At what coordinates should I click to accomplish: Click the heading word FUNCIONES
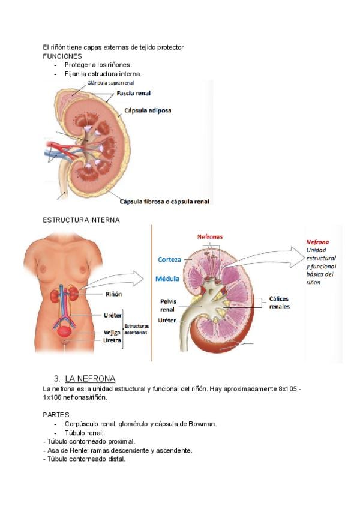[x=62, y=56]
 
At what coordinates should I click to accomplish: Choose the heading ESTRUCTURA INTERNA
[x=81, y=220]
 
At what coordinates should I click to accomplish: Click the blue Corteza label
[x=169, y=260]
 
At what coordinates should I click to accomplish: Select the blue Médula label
[x=168, y=279]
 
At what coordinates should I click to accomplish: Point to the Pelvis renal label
[x=167, y=306]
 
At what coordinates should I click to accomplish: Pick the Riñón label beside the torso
[x=114, y=294]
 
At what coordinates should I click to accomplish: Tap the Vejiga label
[x=112, y=331]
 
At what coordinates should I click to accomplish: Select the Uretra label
[x=112, y=340]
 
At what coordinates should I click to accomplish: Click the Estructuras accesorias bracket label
[x=137, y=328]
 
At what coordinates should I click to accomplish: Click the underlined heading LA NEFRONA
[x=90, y=378]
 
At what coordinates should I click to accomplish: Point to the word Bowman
[x=202, y=424]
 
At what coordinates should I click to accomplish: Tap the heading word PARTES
[x=56, y=415]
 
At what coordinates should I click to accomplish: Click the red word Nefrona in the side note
[x=317, y=242]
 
